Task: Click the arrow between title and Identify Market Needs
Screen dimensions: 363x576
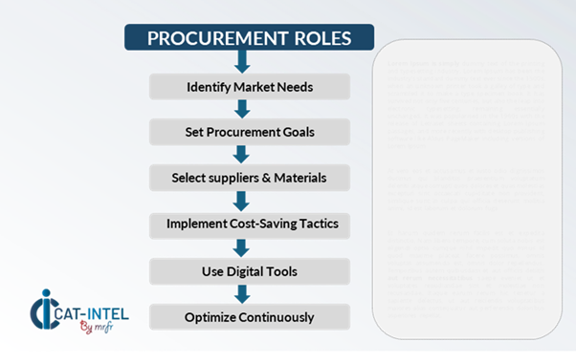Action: pos(241,62)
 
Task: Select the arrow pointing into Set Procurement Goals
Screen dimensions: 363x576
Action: pos(241,109)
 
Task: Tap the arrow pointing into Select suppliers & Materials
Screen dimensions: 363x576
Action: pos(241,155)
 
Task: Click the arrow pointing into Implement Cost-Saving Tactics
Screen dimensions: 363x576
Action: pos(241,202)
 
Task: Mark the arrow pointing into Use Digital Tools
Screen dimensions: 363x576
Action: pos(241,248)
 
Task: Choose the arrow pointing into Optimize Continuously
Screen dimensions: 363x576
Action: pos(241,294)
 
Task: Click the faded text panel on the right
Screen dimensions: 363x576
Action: pos(466,187)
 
